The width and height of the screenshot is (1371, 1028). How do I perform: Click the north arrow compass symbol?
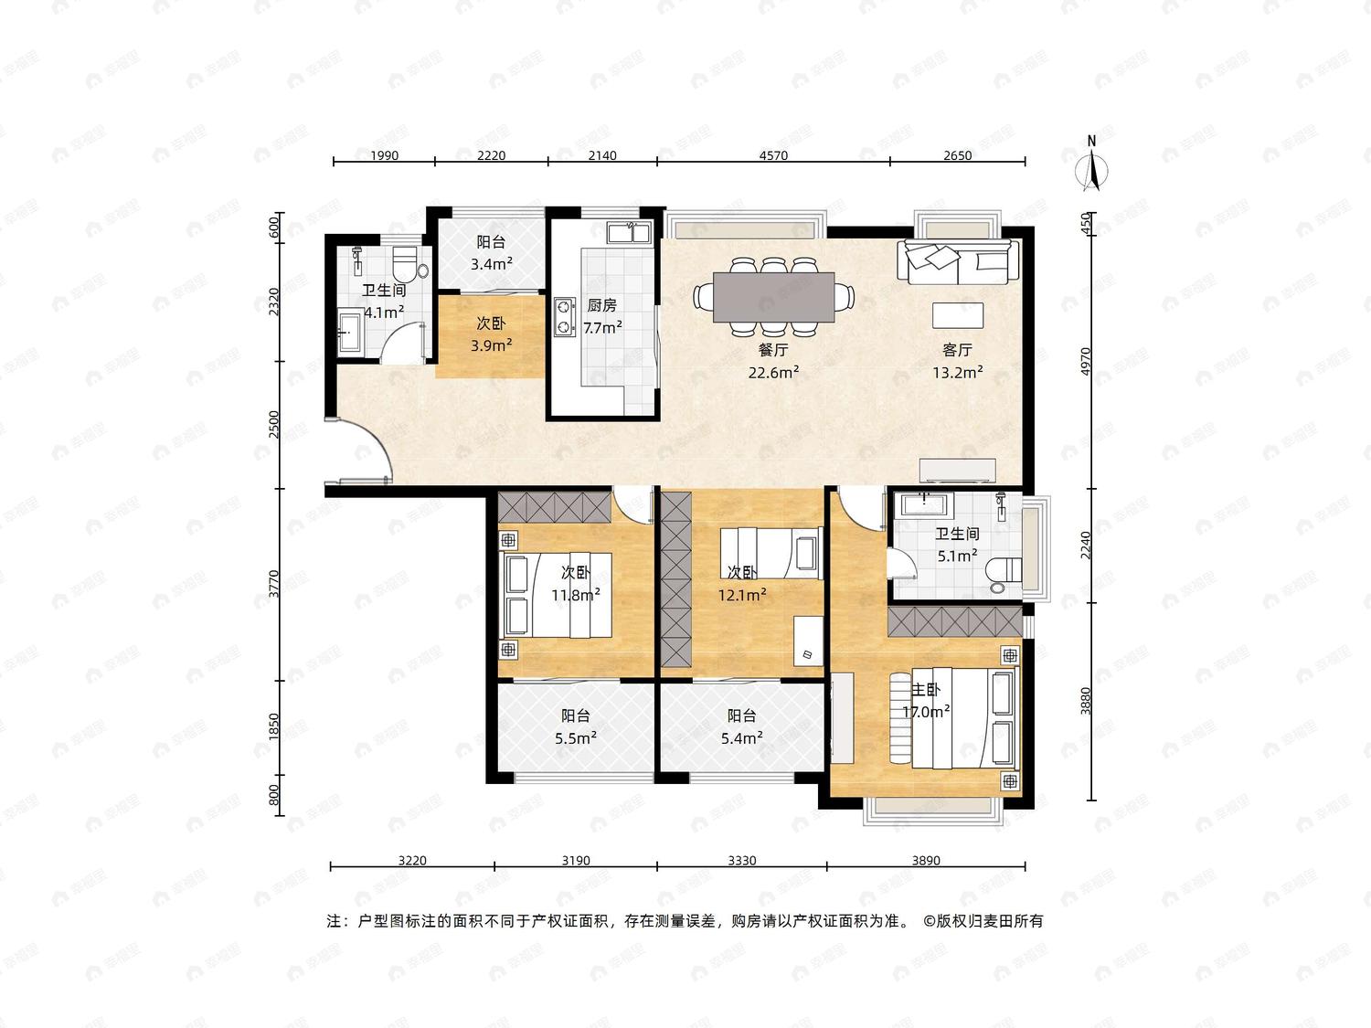(1091, 164)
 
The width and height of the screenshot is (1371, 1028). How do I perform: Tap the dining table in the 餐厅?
(773, 296)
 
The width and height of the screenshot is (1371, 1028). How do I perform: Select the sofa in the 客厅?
(958, 262)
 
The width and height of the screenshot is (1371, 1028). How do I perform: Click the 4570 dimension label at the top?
(773, 155)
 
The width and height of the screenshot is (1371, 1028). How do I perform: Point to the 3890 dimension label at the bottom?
(926, 861)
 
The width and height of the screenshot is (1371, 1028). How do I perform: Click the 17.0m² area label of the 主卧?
(926, 712)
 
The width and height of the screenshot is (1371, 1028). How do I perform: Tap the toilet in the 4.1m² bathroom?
(409, 264)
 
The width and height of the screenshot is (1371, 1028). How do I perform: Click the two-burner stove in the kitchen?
(565, 316)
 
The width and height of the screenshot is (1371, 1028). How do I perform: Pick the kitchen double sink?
(628, 232)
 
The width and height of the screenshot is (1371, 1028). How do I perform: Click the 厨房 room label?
(601, 305)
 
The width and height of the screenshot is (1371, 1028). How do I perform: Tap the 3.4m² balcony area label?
(492, 264)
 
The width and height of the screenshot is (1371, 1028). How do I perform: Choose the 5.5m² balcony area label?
(575, 738)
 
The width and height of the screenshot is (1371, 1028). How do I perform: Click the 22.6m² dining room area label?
(773, 373)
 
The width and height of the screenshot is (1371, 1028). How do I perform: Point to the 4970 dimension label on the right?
(1086, 361)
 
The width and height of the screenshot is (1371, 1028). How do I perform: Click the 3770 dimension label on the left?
(273, 584)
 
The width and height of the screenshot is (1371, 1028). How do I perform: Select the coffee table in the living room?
(958, 315)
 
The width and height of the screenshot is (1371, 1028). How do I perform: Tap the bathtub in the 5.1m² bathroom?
(923, 504)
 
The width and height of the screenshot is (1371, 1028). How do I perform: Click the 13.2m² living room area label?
(958, 373)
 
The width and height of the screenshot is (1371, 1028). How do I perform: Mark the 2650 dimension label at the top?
(958, 155)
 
